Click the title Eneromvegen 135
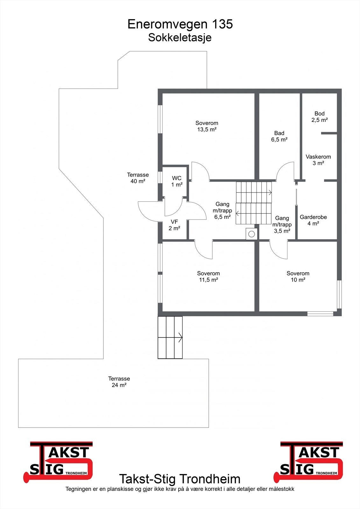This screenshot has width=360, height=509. click(x=180, y=24)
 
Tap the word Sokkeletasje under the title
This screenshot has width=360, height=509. click(x=180, y=38)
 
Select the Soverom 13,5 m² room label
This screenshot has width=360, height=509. click(x=207, y=126)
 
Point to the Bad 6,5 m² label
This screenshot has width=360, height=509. click(x=279, y=136)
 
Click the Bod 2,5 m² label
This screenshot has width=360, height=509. click(x=320, y=116)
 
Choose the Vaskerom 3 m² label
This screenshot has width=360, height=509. click(x=318, y=160)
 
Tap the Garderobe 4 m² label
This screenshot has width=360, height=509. click(x=313, y=220)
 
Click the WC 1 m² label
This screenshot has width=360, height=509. click(x=177, y=181)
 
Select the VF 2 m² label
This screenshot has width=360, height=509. click(x=174, y=225)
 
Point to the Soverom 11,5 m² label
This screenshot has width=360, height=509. click(x=208, y=276)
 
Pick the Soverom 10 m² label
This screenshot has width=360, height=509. click(x=298, y=276)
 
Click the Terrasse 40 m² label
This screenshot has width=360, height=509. click(x=138, y=178)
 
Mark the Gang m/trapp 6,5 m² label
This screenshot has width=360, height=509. click(x=222, y=210)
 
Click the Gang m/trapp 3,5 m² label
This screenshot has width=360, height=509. click(x=282, y=225)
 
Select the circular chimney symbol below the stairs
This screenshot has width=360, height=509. click(x=251, y=234)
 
